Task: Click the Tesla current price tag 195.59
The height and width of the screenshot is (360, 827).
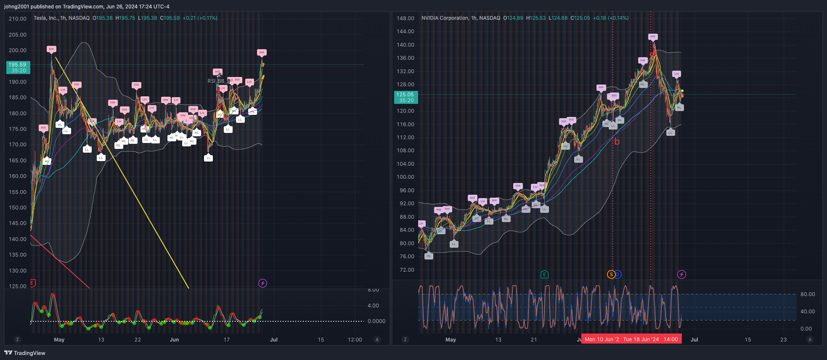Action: [18, 67]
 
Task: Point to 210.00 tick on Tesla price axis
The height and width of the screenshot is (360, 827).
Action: [18, 19]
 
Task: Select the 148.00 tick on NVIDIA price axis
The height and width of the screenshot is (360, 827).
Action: [406, 19]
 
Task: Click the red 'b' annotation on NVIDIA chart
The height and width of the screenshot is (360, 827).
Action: [617, 142]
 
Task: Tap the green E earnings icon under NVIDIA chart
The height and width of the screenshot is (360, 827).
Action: [544, 275]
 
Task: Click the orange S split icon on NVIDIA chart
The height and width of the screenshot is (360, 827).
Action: [611, 275]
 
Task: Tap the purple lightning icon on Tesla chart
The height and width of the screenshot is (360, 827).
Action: [262, 283]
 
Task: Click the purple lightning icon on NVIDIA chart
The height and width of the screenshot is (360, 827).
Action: [681, 275]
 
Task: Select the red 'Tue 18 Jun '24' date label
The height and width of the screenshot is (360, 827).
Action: [641, 339]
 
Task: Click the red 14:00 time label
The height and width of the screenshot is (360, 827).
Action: [671, 339]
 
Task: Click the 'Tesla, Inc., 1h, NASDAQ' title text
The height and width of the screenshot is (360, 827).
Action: [61, 18]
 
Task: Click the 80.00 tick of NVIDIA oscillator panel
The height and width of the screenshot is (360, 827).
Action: [807, 294]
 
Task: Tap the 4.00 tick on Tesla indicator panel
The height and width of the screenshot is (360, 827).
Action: [373, 306]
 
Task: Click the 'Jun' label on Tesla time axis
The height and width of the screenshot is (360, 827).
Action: [174, 340]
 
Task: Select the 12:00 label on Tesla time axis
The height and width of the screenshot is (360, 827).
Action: [355, 340]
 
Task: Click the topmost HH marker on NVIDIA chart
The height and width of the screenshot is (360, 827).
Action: [652, 37]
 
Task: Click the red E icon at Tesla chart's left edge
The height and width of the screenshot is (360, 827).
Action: [33, 283]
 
